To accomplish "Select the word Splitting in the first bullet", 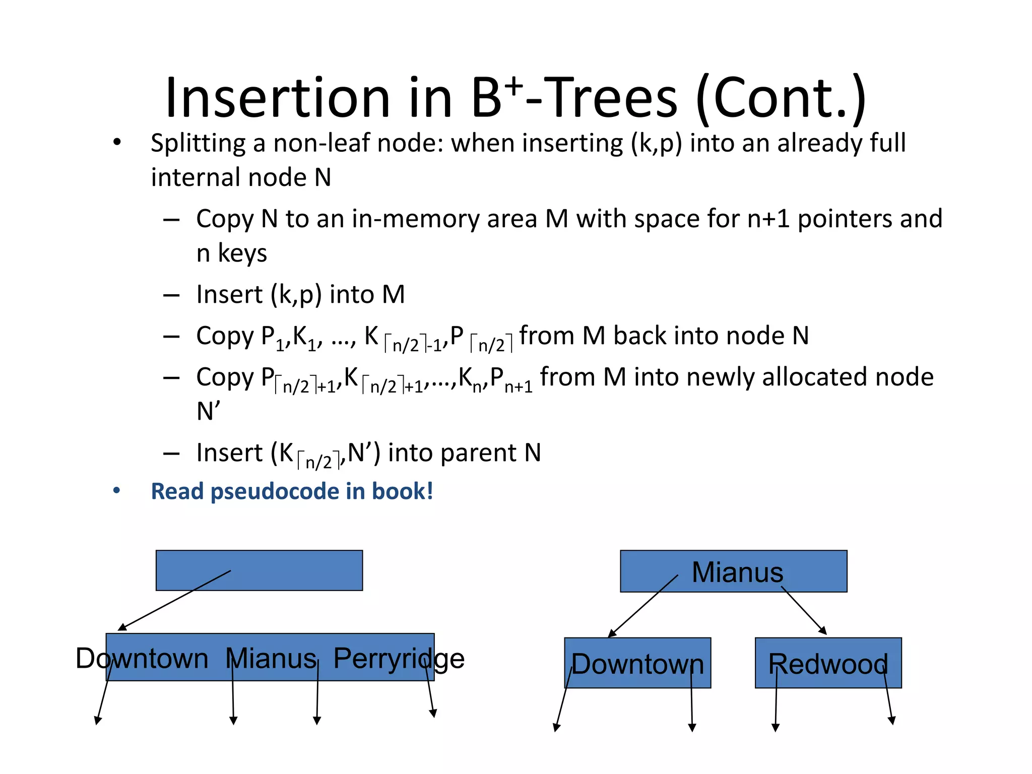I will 198,144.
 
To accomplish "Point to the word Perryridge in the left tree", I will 399,658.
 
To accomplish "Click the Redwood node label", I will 828,664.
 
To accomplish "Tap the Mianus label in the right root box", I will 737,572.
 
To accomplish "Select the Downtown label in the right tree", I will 637,664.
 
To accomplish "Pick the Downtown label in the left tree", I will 142,658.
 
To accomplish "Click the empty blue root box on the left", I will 302,570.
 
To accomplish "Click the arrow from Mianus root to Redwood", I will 804,611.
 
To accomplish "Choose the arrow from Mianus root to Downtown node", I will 643,606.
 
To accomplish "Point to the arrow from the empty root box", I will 174,601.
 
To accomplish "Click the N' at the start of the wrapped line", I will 208,412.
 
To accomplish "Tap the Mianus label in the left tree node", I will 271,658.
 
